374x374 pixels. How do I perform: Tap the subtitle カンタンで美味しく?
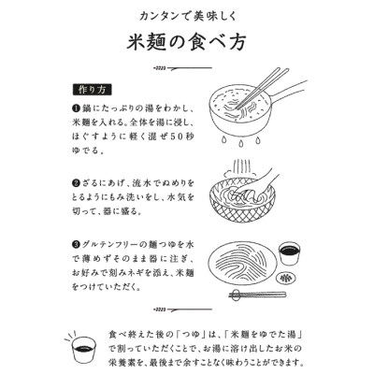[x=187, y=14]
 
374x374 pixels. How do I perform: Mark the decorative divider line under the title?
[x=187, y=68]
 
